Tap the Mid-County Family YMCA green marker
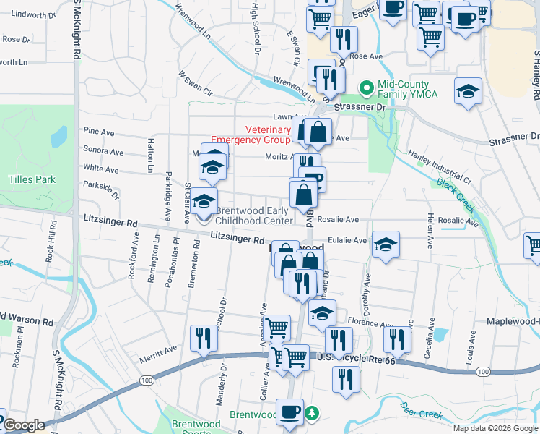[x=367, y=89]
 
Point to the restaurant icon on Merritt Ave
[x=204, y=339]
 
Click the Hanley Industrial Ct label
[x=440, y=165]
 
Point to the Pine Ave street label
[x=99, y=132]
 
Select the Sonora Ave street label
[x=103, y=152]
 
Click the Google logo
[x=25, y=425]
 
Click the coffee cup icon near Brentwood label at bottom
[x=289, y=411]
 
